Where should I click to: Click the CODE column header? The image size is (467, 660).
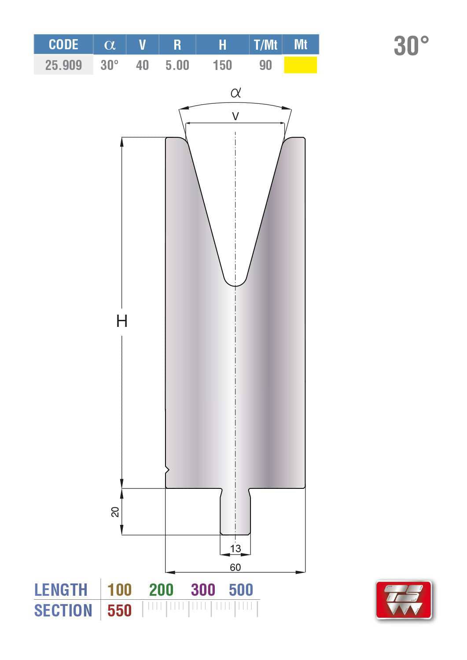(x=63, y=45)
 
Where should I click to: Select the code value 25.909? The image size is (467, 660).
(x=63, y=65)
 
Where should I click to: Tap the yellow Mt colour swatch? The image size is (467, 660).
(x=300, y=65)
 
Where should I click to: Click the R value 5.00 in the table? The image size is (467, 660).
(x=177, y=65)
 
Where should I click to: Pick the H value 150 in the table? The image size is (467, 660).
(x=222, y=65)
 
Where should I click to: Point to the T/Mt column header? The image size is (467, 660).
(x=265, y=45)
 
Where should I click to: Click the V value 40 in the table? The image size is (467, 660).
(x=142, y=65)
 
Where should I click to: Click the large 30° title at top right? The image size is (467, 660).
(x=411, y=46)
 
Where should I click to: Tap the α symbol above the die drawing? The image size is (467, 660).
(x=235, y=93)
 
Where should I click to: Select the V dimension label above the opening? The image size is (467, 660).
(x=235, y=117)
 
